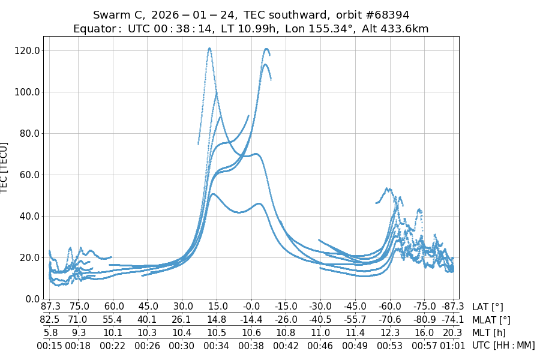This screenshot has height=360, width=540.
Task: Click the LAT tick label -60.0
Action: click(x=390, y=307)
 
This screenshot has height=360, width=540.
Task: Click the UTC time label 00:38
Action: click(x=251, y=346)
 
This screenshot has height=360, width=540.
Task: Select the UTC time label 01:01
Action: click(x=452, y=346)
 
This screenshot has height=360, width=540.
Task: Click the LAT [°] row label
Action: click(x=488, y=307)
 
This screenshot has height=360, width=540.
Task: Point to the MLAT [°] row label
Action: click(x=491, y=320)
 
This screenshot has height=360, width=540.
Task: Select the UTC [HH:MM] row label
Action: click(x=503, y=346)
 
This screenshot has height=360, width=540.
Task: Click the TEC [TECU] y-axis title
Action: click(x=5, y=167)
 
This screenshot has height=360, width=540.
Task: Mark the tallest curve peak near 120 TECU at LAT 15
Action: click(x=209, y=48)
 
